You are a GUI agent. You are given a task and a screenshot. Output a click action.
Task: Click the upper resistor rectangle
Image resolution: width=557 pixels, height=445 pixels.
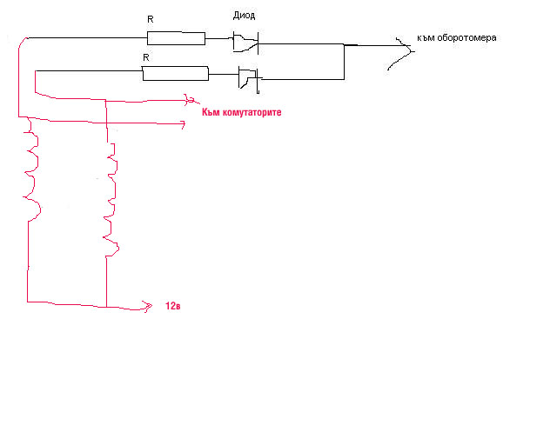point(176,37)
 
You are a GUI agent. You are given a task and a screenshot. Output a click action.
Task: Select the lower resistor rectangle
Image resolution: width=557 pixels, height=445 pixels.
point(176,74)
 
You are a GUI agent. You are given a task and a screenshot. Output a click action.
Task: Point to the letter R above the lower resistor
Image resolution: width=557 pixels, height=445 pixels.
point(145,57)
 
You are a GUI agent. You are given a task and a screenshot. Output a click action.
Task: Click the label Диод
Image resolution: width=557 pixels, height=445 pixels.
point(244,16)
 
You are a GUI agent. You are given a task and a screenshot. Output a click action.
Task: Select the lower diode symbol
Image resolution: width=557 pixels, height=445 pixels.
point(249,79)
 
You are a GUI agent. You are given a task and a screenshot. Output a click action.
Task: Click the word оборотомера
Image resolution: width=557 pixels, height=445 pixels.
point(467,38)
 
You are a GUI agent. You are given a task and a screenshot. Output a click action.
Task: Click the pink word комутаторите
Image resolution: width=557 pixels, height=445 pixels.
point(251,113)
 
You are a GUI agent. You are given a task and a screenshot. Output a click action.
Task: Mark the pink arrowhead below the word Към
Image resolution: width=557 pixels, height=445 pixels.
point(182,125)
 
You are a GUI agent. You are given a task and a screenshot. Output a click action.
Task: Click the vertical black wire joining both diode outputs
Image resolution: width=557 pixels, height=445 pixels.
point(345,61)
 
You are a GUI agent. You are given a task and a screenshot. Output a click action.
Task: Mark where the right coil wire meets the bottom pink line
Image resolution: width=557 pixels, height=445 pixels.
point(106,306)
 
